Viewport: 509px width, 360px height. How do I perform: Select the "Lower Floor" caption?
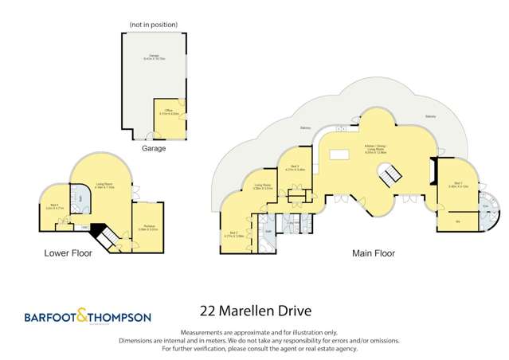click(x=69, y=253)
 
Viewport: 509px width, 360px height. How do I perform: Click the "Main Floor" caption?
click(x=373, y=253)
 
